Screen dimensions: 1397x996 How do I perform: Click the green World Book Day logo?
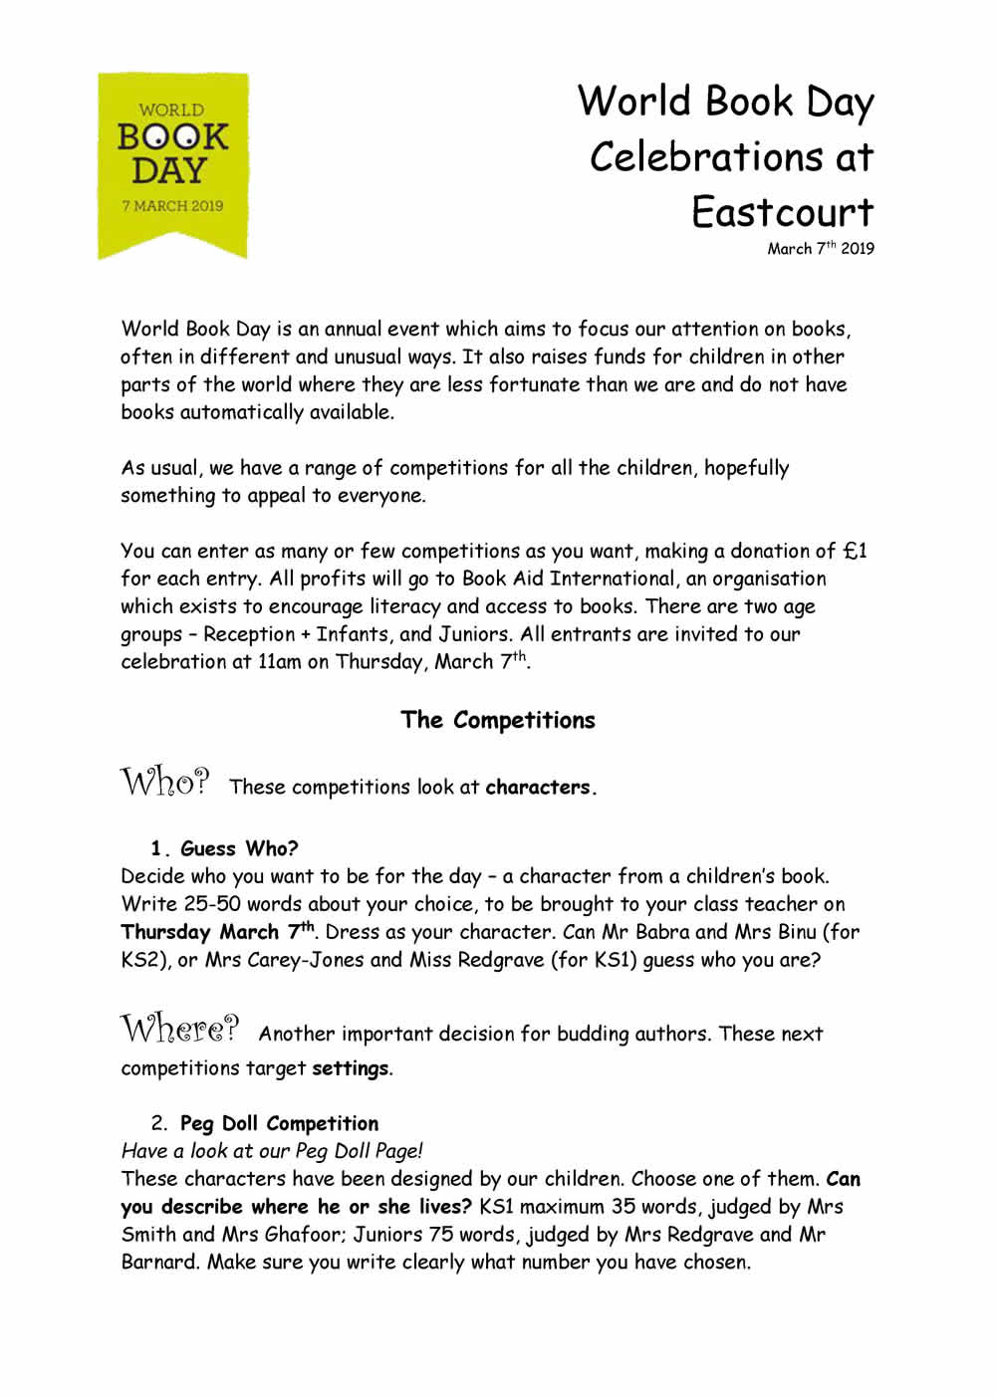pyautogui.click(x=172, y=164)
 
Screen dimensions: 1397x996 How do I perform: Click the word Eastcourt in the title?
pyautogui.click(x=783, y=212)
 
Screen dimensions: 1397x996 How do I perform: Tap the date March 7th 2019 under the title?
pyautogui.click(x=820, y=249)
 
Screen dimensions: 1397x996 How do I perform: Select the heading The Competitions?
pyautogui.click(x=497, y=720)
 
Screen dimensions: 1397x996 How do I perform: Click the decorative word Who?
pyautogui.click(x=165, y=782)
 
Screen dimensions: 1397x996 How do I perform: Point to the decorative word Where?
pyautogui.click(x=180, y=1028)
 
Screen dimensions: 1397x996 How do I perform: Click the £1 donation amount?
pyautogui.click(x=855, y=551)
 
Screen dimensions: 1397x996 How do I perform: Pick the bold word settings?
pyautogui.click(x=350, y=1068)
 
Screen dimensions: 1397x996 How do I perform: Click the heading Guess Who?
pyautogui.click(x=239, y=848)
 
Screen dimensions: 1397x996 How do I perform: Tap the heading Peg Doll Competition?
pyautogui.click(x=279, y=1123)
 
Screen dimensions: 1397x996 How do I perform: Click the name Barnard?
pyautogui.click(x=159, y=1262)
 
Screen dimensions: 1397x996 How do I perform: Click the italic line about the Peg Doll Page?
pyautogui.click(x=272, y=1150)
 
